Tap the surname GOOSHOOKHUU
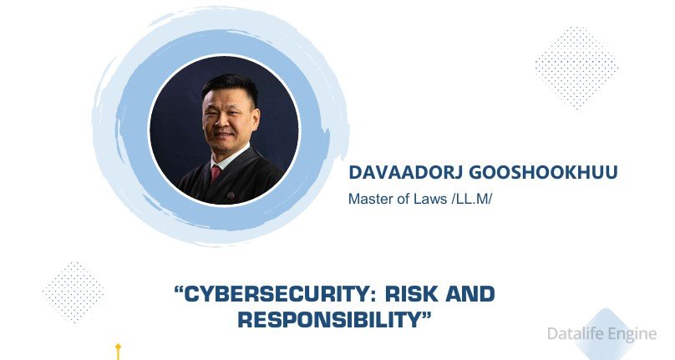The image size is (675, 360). tap(543, 172)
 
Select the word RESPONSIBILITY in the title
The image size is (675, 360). tap(330, 320)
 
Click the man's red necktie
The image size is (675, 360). tap(216, 173)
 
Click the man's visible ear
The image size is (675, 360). tap(256, 118)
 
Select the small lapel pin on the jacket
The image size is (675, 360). tap(231, 195)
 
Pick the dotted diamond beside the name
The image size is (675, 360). tap(577, 68)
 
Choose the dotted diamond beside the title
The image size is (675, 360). tap(74, 293)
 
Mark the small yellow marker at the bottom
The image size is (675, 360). tap(118, 351)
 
